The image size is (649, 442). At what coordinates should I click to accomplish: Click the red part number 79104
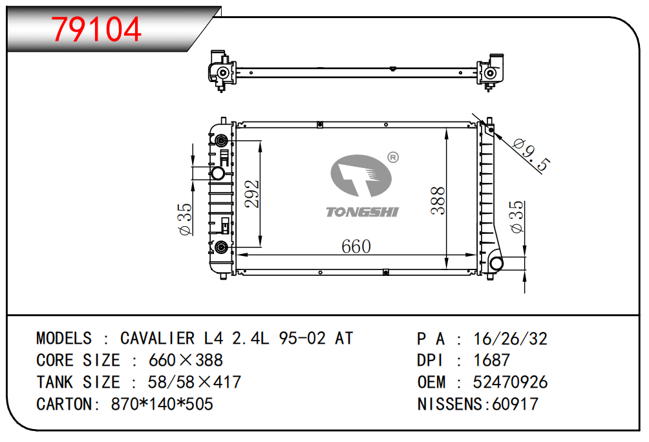pyautogui.click(x=96, y=29)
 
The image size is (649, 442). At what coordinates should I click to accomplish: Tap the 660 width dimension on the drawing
pyautogui.click(x=356, y=246)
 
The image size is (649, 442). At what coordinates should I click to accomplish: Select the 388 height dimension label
pyautogui.click(x=438, y=201)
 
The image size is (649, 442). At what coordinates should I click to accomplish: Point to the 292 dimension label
pyautogui.click(x=251, y=194)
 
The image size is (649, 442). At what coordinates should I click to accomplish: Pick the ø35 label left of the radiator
pyautogui.click(x=186, y=219)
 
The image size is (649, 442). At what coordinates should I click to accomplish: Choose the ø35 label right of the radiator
pyautogui.click(x=517, y=217)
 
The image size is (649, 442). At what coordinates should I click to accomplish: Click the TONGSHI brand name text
pyautogui.click(x=362, y=212)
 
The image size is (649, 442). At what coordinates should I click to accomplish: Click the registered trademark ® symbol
pyautogui.click(x=393, y=158)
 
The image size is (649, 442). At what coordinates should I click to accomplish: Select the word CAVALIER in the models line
pyautogui.click(x=157, y=339)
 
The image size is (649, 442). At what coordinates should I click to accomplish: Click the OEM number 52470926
pyautogui.click(x=510, y=382)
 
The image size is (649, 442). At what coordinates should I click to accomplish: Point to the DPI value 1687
pyautogui.click(x=492, y=360)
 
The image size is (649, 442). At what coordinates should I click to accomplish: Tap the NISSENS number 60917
pyautogui.click(x=515, y=404)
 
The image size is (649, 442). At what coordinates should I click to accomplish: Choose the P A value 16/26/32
pyautogui.click(x=510, y=339)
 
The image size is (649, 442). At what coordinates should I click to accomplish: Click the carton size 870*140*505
pyautogui.click(x=162, y=404)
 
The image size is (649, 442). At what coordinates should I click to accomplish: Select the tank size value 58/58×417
pyautogui.click(x=194, y=382)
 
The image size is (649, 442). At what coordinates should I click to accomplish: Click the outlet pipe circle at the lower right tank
pyautogui.click(x=495, y=263)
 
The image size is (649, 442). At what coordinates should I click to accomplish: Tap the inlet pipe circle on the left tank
pyautogui.click(x=218, y=173)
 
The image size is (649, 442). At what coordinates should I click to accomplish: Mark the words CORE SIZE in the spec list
pyautogui.click(x=78, y=360)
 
